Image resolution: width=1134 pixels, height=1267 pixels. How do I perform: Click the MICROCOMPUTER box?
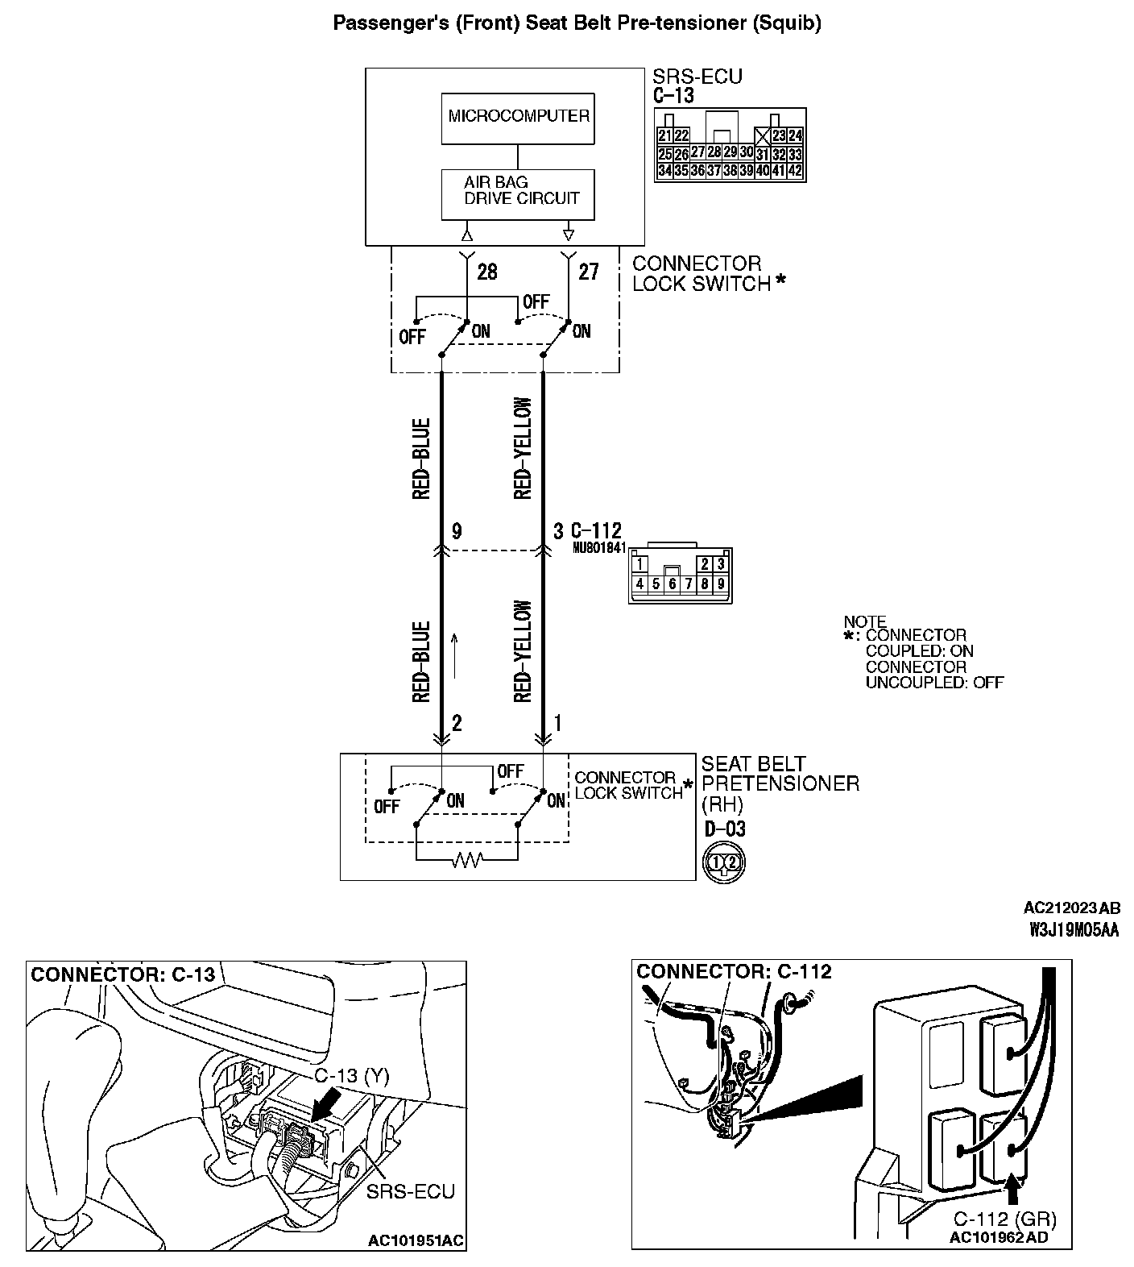point(518,117)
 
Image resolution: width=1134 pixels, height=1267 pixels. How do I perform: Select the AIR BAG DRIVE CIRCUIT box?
point(518,193)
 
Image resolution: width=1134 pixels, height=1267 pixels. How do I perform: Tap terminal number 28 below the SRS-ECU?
point(487,272)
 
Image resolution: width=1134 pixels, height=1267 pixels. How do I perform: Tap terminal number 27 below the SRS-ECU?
point(589,272)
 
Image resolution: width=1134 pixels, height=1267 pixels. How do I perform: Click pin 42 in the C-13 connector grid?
point(795,171)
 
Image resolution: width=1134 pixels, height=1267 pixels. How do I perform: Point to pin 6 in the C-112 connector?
point(672,584)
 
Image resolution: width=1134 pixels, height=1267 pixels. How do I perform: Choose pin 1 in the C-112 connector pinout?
point(639,563)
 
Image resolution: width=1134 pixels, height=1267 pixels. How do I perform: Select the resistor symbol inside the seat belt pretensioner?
point(467,861)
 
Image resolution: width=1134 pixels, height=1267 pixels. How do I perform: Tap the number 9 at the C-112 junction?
point(457,531)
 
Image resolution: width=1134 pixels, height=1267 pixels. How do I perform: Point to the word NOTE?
point(865,621)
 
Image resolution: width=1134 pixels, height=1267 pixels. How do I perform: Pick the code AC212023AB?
point(1071,908)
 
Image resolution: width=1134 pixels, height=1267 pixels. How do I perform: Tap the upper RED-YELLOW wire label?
point(523,448)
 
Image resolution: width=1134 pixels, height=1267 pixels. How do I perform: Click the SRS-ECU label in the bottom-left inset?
point(410,1191)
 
